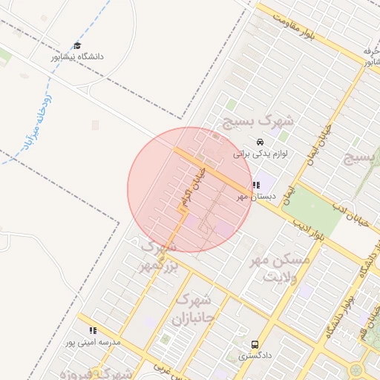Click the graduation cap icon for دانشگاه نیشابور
[77, 46]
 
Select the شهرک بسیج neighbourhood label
[259, 120]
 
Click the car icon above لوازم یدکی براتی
[259, 142]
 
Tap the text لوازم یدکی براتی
[260, 154]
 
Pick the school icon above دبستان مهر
[256, 185]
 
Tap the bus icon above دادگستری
[255, 344]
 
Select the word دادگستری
[255, 356]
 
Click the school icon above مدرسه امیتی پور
[93, 330]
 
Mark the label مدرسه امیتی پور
[92, 342]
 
